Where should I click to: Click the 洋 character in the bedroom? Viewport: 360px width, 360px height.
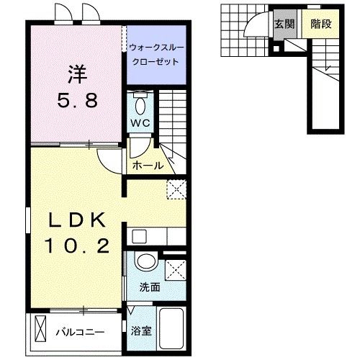coord(77,74)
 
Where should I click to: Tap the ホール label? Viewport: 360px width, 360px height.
coord(148,166)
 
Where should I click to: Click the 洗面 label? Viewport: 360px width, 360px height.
coord(149,286)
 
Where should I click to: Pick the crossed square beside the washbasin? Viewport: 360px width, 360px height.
coord(175,270)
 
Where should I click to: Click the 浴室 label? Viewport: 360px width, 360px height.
coord(140,332)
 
